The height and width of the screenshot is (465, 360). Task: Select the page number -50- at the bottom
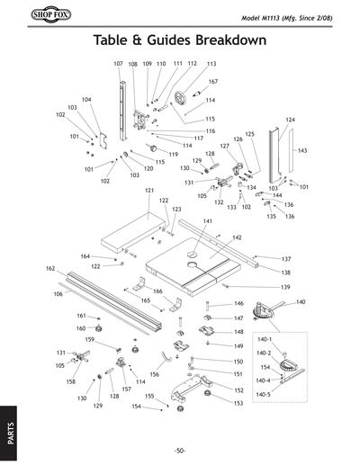(x=180, y=450)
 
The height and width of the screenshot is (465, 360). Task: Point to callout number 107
(x=118, y=65)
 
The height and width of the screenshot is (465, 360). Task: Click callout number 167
(x=213, y=82)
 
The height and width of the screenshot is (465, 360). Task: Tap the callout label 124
(x=291, y=120)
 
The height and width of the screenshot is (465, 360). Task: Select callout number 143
(x=302, y=151)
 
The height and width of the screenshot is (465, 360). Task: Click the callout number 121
(x=149, y=191)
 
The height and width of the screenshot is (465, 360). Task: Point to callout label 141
(x=208, y=221)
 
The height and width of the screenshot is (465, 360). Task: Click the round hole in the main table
(x=192, y=266)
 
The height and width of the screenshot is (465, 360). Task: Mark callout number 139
(x=285, y=287)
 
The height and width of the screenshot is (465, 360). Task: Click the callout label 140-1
(x=264, y=339)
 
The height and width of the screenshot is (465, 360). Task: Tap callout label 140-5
(x=264, y=395)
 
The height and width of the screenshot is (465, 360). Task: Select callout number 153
(x=238, y=404)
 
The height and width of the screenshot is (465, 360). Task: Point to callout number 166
(x=157, y=291)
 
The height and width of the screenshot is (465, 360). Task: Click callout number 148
(x=238, y=332)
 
